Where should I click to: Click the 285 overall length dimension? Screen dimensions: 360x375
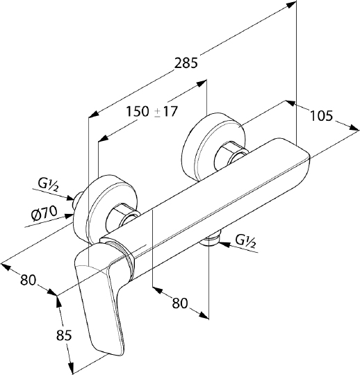tap(186, 63)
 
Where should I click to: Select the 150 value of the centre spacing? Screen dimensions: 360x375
tap(137, 111)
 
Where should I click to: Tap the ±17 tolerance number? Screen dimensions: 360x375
tap(166, 111)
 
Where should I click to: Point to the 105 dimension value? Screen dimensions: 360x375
tap(321, 116)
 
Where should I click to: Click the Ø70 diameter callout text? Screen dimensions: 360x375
tap(44, 213)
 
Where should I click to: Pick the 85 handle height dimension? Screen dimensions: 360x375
tap(64, 335)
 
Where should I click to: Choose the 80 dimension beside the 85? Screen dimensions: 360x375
tap(28, 280)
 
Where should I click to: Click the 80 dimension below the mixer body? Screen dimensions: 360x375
tap(180, 303)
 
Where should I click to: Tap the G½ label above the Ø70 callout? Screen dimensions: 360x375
tap(48, 185)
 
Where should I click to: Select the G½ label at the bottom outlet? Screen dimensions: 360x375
tap(245, 241)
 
